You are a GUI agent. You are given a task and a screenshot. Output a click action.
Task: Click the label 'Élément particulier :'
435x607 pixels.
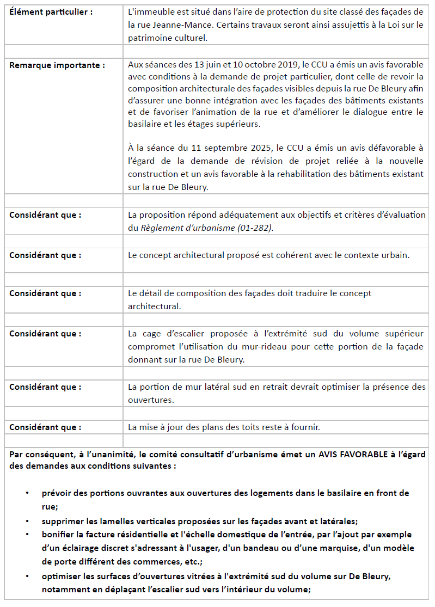tap(51, 11)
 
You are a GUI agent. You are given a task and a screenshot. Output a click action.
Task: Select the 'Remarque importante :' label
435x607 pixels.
tap(57, 65)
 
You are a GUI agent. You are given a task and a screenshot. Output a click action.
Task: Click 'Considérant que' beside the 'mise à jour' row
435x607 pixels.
tap(45, 427)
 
